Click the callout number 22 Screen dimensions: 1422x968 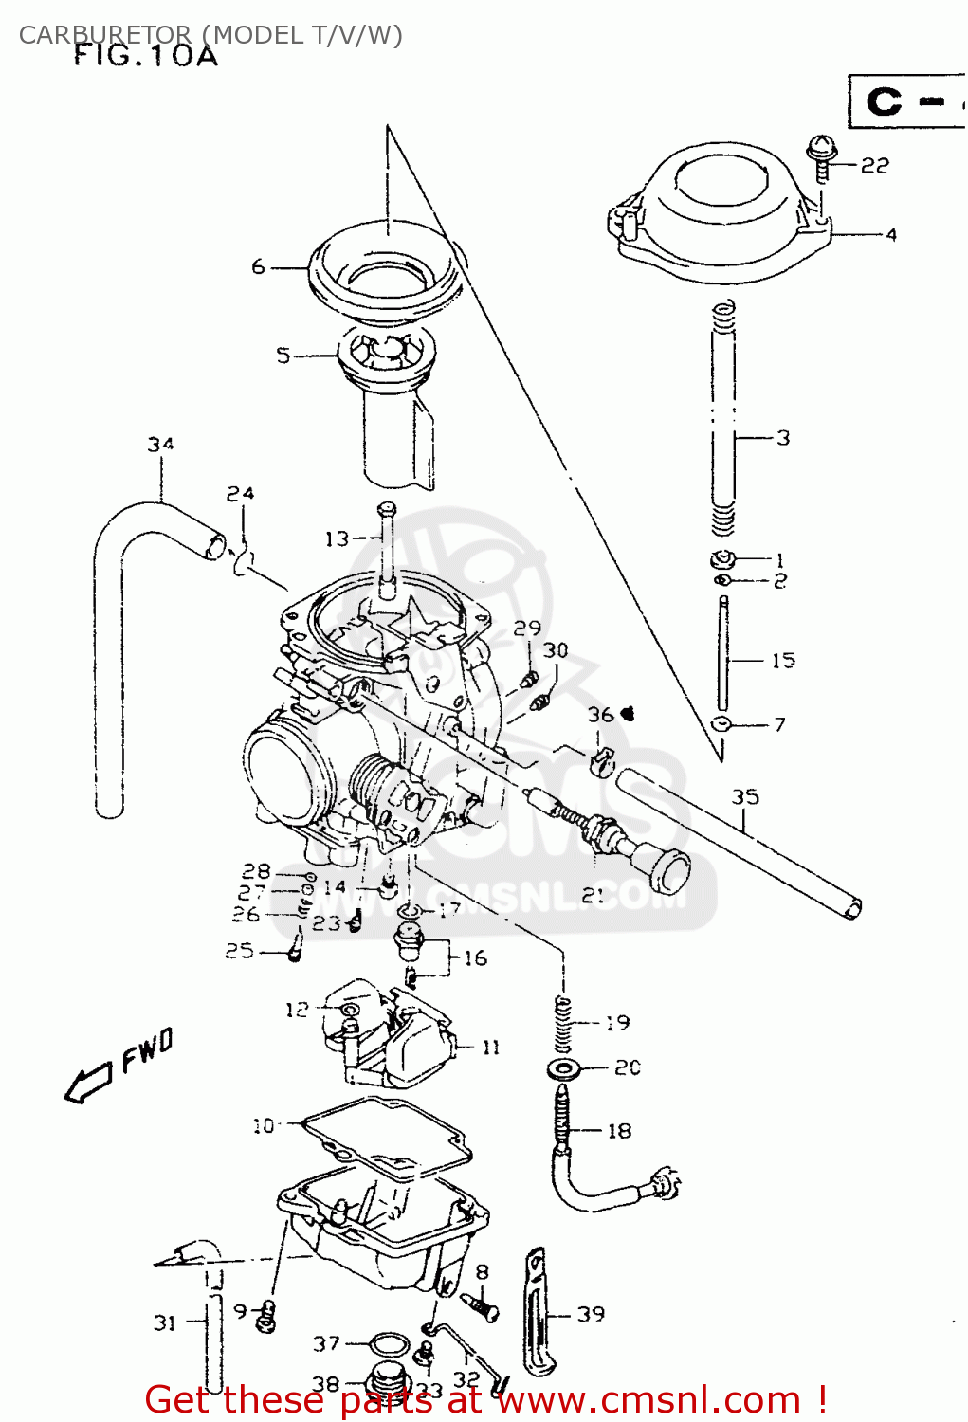pos(875,166)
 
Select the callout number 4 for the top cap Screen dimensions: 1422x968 pos(890,234)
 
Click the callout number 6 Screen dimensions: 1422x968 pos(258,267)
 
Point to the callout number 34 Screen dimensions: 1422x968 pos(160,444)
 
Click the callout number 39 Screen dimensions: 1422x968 pos(591,1314)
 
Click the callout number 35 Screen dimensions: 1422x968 pos(745,796)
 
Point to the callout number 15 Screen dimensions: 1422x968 pos(782,660)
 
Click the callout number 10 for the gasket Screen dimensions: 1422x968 pos(263,1125)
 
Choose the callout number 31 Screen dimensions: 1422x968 pos(165,1322)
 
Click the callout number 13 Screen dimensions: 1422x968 pos(338,538)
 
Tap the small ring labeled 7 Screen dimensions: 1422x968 pos(721,725)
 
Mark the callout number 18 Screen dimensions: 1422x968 pos(618,1130)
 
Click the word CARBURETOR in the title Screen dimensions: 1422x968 pos(104,35)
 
